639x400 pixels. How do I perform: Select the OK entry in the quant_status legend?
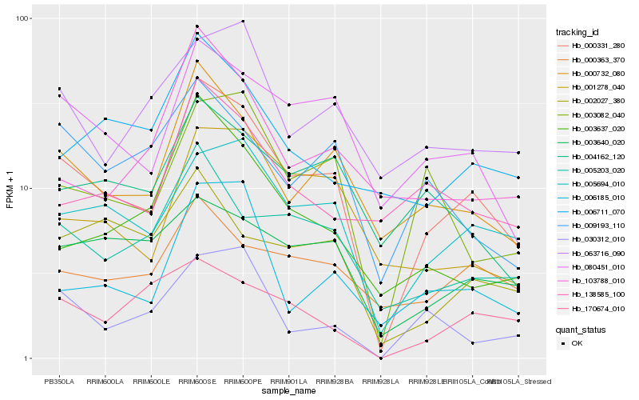[x=577, y=343]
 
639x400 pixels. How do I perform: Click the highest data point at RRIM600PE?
[x=243, y=22]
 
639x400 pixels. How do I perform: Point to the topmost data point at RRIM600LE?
[x=151, y=98]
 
